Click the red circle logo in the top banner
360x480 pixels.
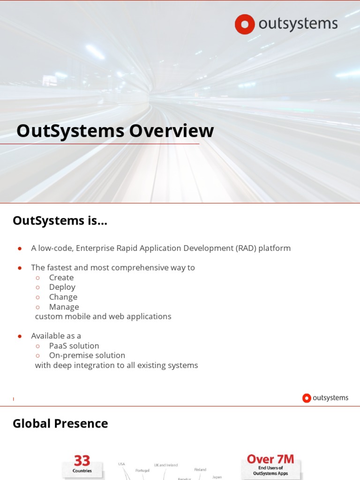tap(245, 24)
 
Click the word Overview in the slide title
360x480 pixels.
tap(171, 131)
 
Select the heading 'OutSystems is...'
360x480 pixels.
tap(60, 220)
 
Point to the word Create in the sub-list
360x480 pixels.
tap(61, 277)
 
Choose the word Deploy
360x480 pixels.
tap(62, 287)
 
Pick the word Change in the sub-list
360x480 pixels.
tap(63, 297)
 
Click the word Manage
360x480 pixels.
tap(64, 307)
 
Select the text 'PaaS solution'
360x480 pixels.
tap(74, 346)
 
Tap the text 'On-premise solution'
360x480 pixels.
tap(87, 355)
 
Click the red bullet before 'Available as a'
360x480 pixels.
tap(20, 336)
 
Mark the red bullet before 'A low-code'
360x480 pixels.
tap(20, 248)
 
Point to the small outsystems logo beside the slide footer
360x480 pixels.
tap(325, 398)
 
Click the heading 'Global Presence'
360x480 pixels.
tap(60, 424)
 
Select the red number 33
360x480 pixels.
tap(82, 460)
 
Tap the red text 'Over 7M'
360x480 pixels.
tap(270, 459)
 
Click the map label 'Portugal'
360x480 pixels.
tap(142, 470)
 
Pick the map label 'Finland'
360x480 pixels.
tap(200, 469)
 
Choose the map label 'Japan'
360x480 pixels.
tap(217, 477)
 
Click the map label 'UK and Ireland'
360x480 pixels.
tap(166, 465)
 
